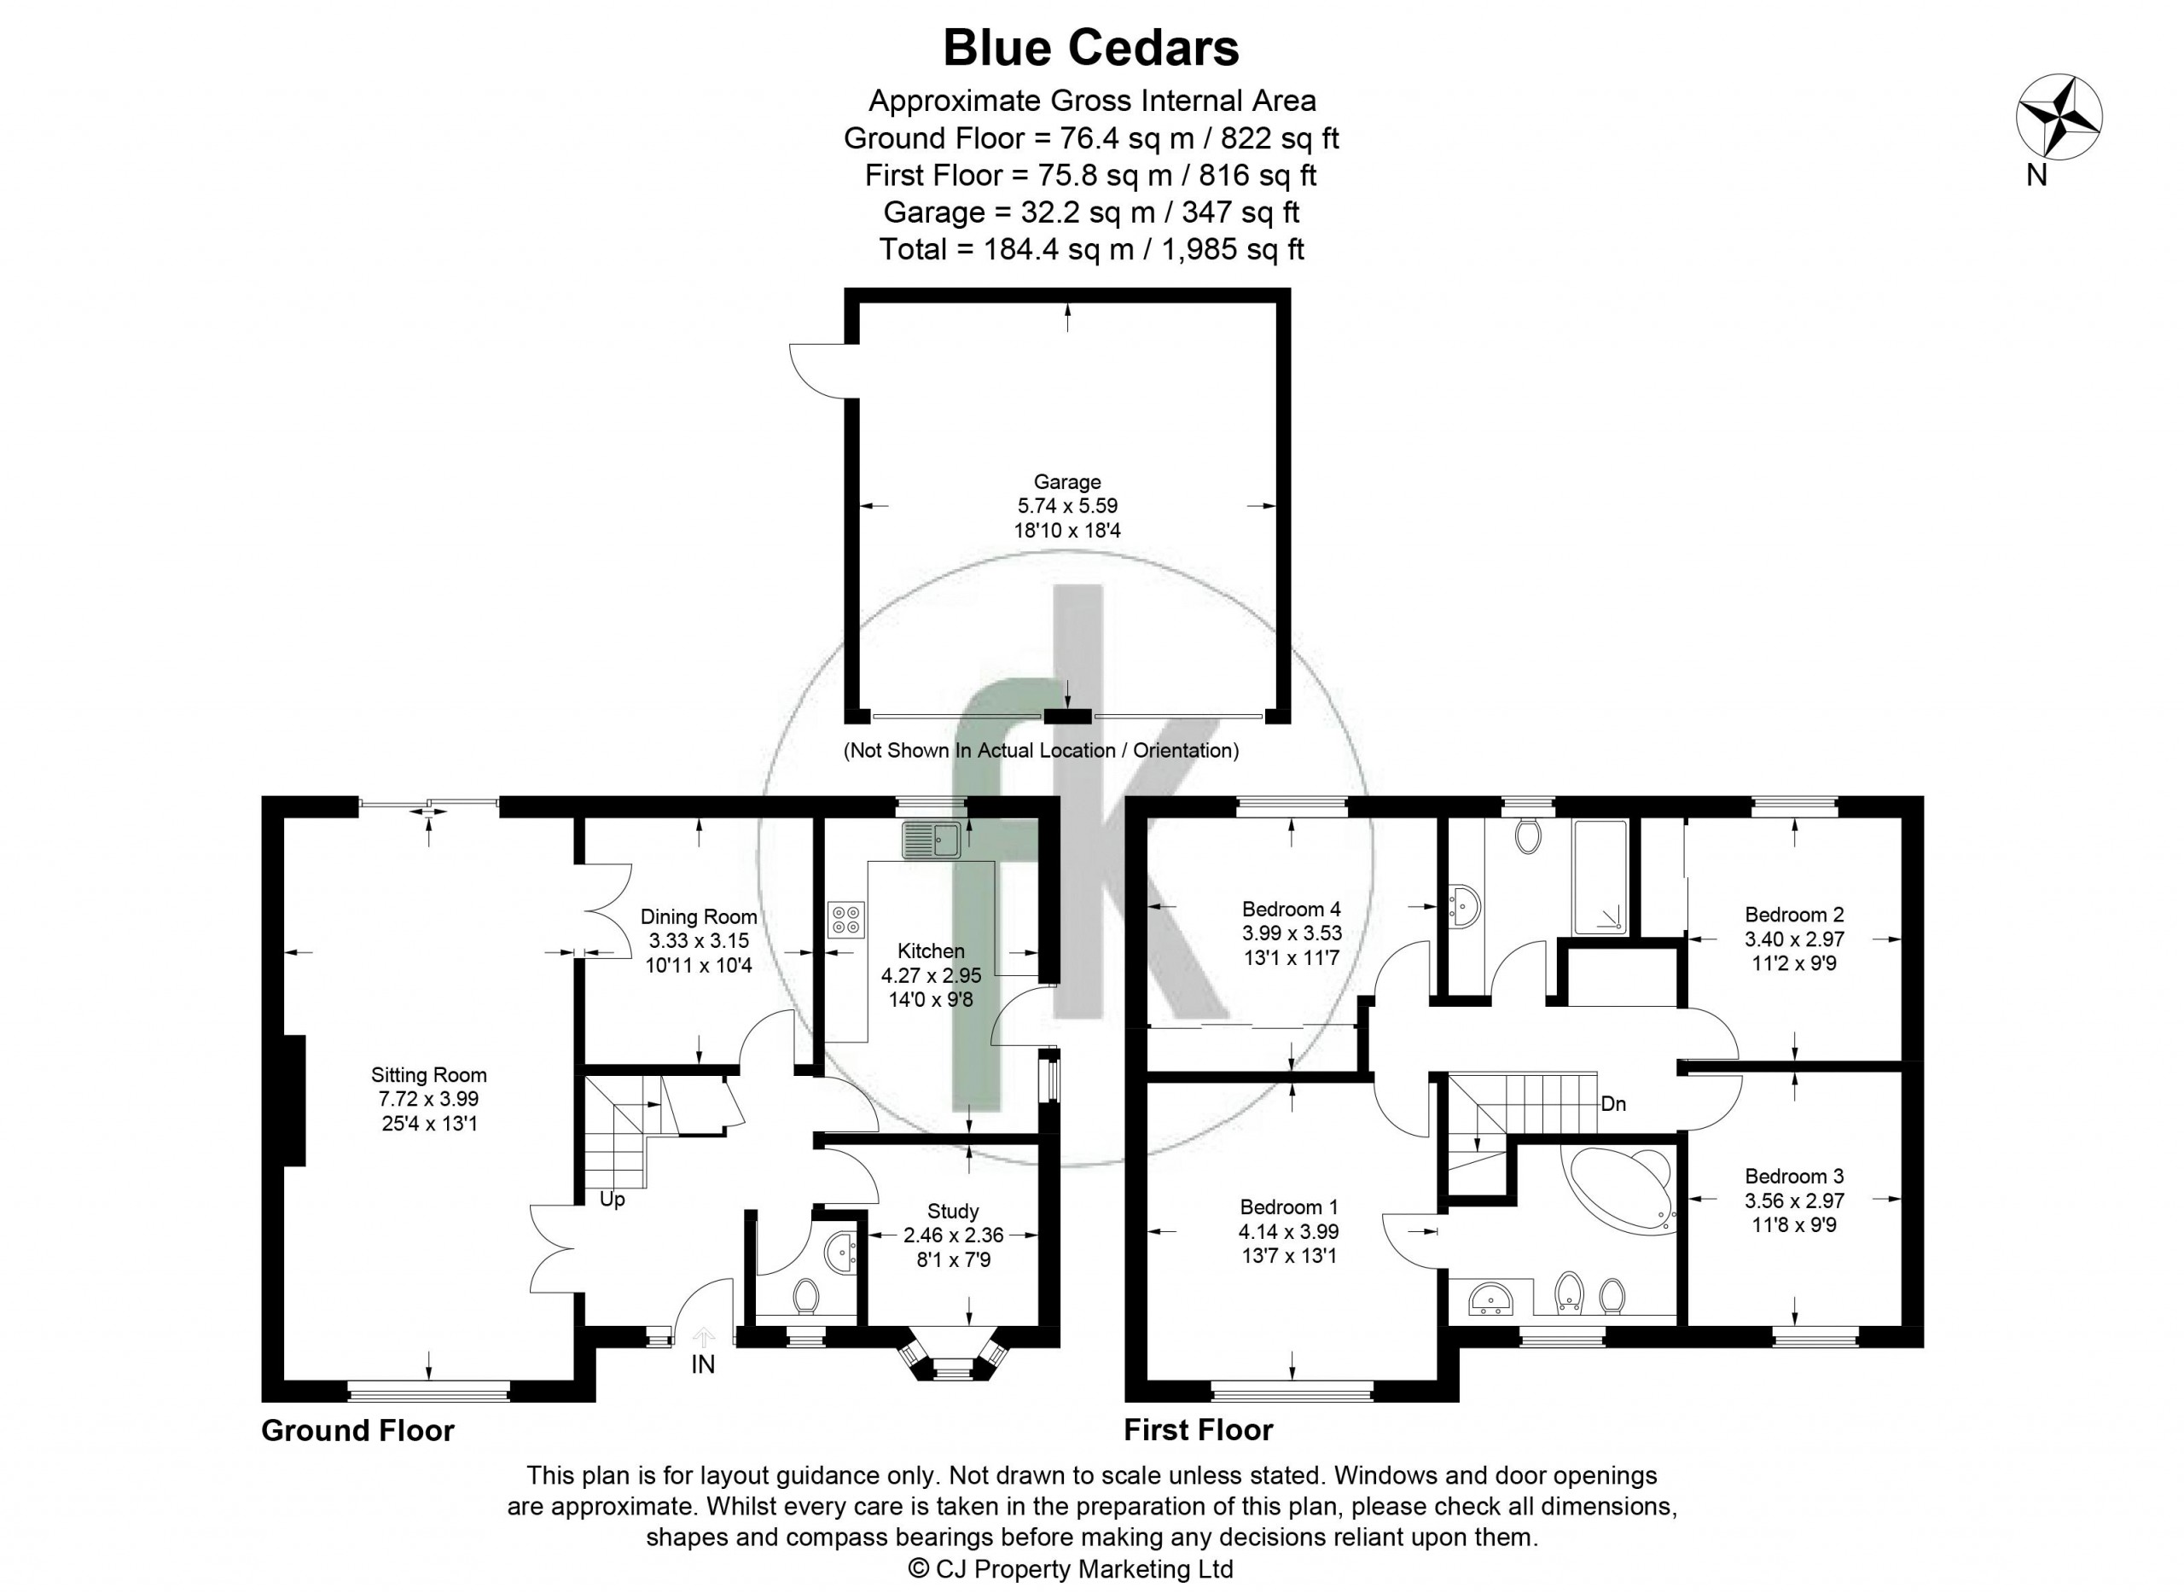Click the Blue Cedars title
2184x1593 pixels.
(1090, 49)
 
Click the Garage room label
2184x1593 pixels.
(1066, 482)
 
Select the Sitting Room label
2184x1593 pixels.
(429, 1074)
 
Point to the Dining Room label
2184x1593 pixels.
(698, 916)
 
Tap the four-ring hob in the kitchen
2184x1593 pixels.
(845, 919)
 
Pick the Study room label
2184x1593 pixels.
(953, 1211)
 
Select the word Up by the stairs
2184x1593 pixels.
(613, 1200)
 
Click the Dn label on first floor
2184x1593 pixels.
(1613, 1104)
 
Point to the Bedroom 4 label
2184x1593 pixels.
(1291, 909)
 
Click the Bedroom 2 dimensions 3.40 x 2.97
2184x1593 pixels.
(1793, 939)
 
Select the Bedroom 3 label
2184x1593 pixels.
(1793, 1176)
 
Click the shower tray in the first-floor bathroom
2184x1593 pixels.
(1600, 876)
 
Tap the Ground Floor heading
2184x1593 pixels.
(357, 1430)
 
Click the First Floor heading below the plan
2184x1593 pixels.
(1199, 1430)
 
